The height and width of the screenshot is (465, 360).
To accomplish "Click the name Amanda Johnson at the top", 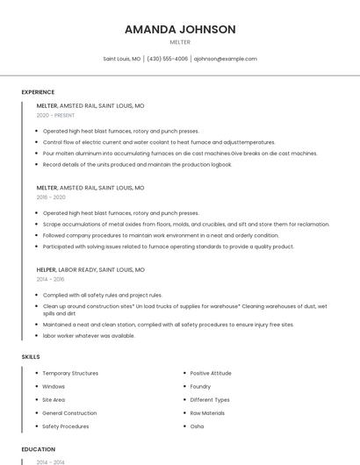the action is click(180, 29).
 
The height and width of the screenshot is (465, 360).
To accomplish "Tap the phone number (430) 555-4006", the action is click(167, 59).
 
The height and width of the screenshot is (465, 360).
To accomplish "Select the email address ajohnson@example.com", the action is click(226, 59).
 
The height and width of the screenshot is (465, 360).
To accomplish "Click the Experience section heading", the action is click(38, 92).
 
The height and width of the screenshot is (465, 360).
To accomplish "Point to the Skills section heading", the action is click(31, 357).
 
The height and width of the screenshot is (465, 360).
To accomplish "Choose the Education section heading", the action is click(39, 449).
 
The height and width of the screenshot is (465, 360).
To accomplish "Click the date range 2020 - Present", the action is click(55, 115).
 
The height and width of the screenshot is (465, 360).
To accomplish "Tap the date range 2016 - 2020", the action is click(51, 197).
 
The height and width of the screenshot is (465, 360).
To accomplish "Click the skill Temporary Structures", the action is click(70, 373).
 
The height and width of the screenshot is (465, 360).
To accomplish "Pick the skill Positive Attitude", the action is click(211, 373).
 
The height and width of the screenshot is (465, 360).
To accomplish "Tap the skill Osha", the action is click(197, 426).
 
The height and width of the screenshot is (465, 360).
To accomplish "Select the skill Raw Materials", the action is click(207, 412).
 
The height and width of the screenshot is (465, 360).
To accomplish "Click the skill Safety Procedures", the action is click(66, 426).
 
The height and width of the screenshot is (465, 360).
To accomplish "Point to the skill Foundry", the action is click(200, 386).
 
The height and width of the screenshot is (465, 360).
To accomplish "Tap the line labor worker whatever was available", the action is click(89, 335).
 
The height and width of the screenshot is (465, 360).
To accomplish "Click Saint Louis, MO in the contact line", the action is click(122, 59).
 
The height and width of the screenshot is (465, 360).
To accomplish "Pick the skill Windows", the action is click(54, 386).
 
